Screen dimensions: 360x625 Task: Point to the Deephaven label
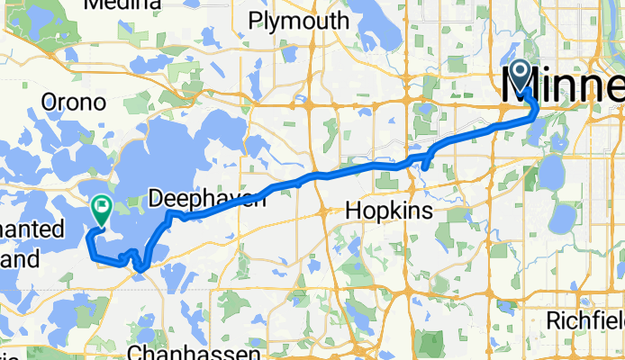tap(207, 198)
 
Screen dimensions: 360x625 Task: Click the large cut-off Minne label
tap(562, 86)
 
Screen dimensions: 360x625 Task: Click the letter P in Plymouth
tap(255, 21)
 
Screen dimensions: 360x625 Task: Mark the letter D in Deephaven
tap(157, 198)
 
